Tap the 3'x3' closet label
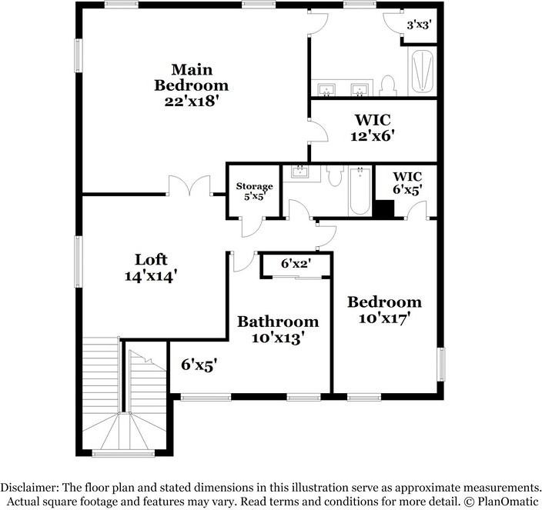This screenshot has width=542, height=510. pos(418,25)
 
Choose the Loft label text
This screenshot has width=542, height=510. pos(151,259)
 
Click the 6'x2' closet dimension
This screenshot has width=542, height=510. pos(295,264)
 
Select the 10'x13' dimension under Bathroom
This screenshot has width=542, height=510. pos(277,337)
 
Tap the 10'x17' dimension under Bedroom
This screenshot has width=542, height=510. pos(383,317)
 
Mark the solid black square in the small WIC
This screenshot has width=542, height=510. pos(383,209)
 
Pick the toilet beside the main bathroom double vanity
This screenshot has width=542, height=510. pos(388,85)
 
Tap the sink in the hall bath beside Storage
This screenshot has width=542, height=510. pos(299,173)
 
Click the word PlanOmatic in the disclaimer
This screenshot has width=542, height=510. pos(501,501)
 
